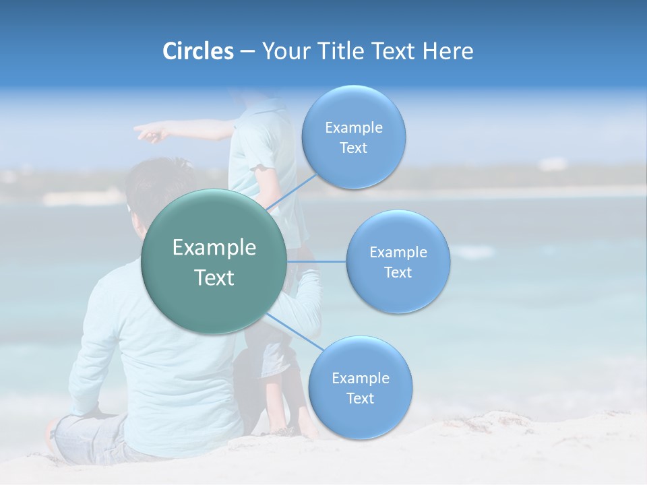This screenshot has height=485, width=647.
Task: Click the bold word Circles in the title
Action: point(197,51)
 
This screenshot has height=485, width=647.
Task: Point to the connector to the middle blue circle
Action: point(317,261)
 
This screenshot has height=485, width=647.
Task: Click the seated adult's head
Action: point(158,189)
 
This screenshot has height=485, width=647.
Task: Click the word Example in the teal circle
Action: point(214,248)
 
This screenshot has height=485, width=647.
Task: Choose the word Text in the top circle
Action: point(353,148)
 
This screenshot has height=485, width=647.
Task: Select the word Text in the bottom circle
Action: point(360,398)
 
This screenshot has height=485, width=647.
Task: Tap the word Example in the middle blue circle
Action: point(398,252)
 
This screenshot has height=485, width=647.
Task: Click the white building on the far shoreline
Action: point(553,164)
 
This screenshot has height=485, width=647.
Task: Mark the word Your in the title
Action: point(282,51)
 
